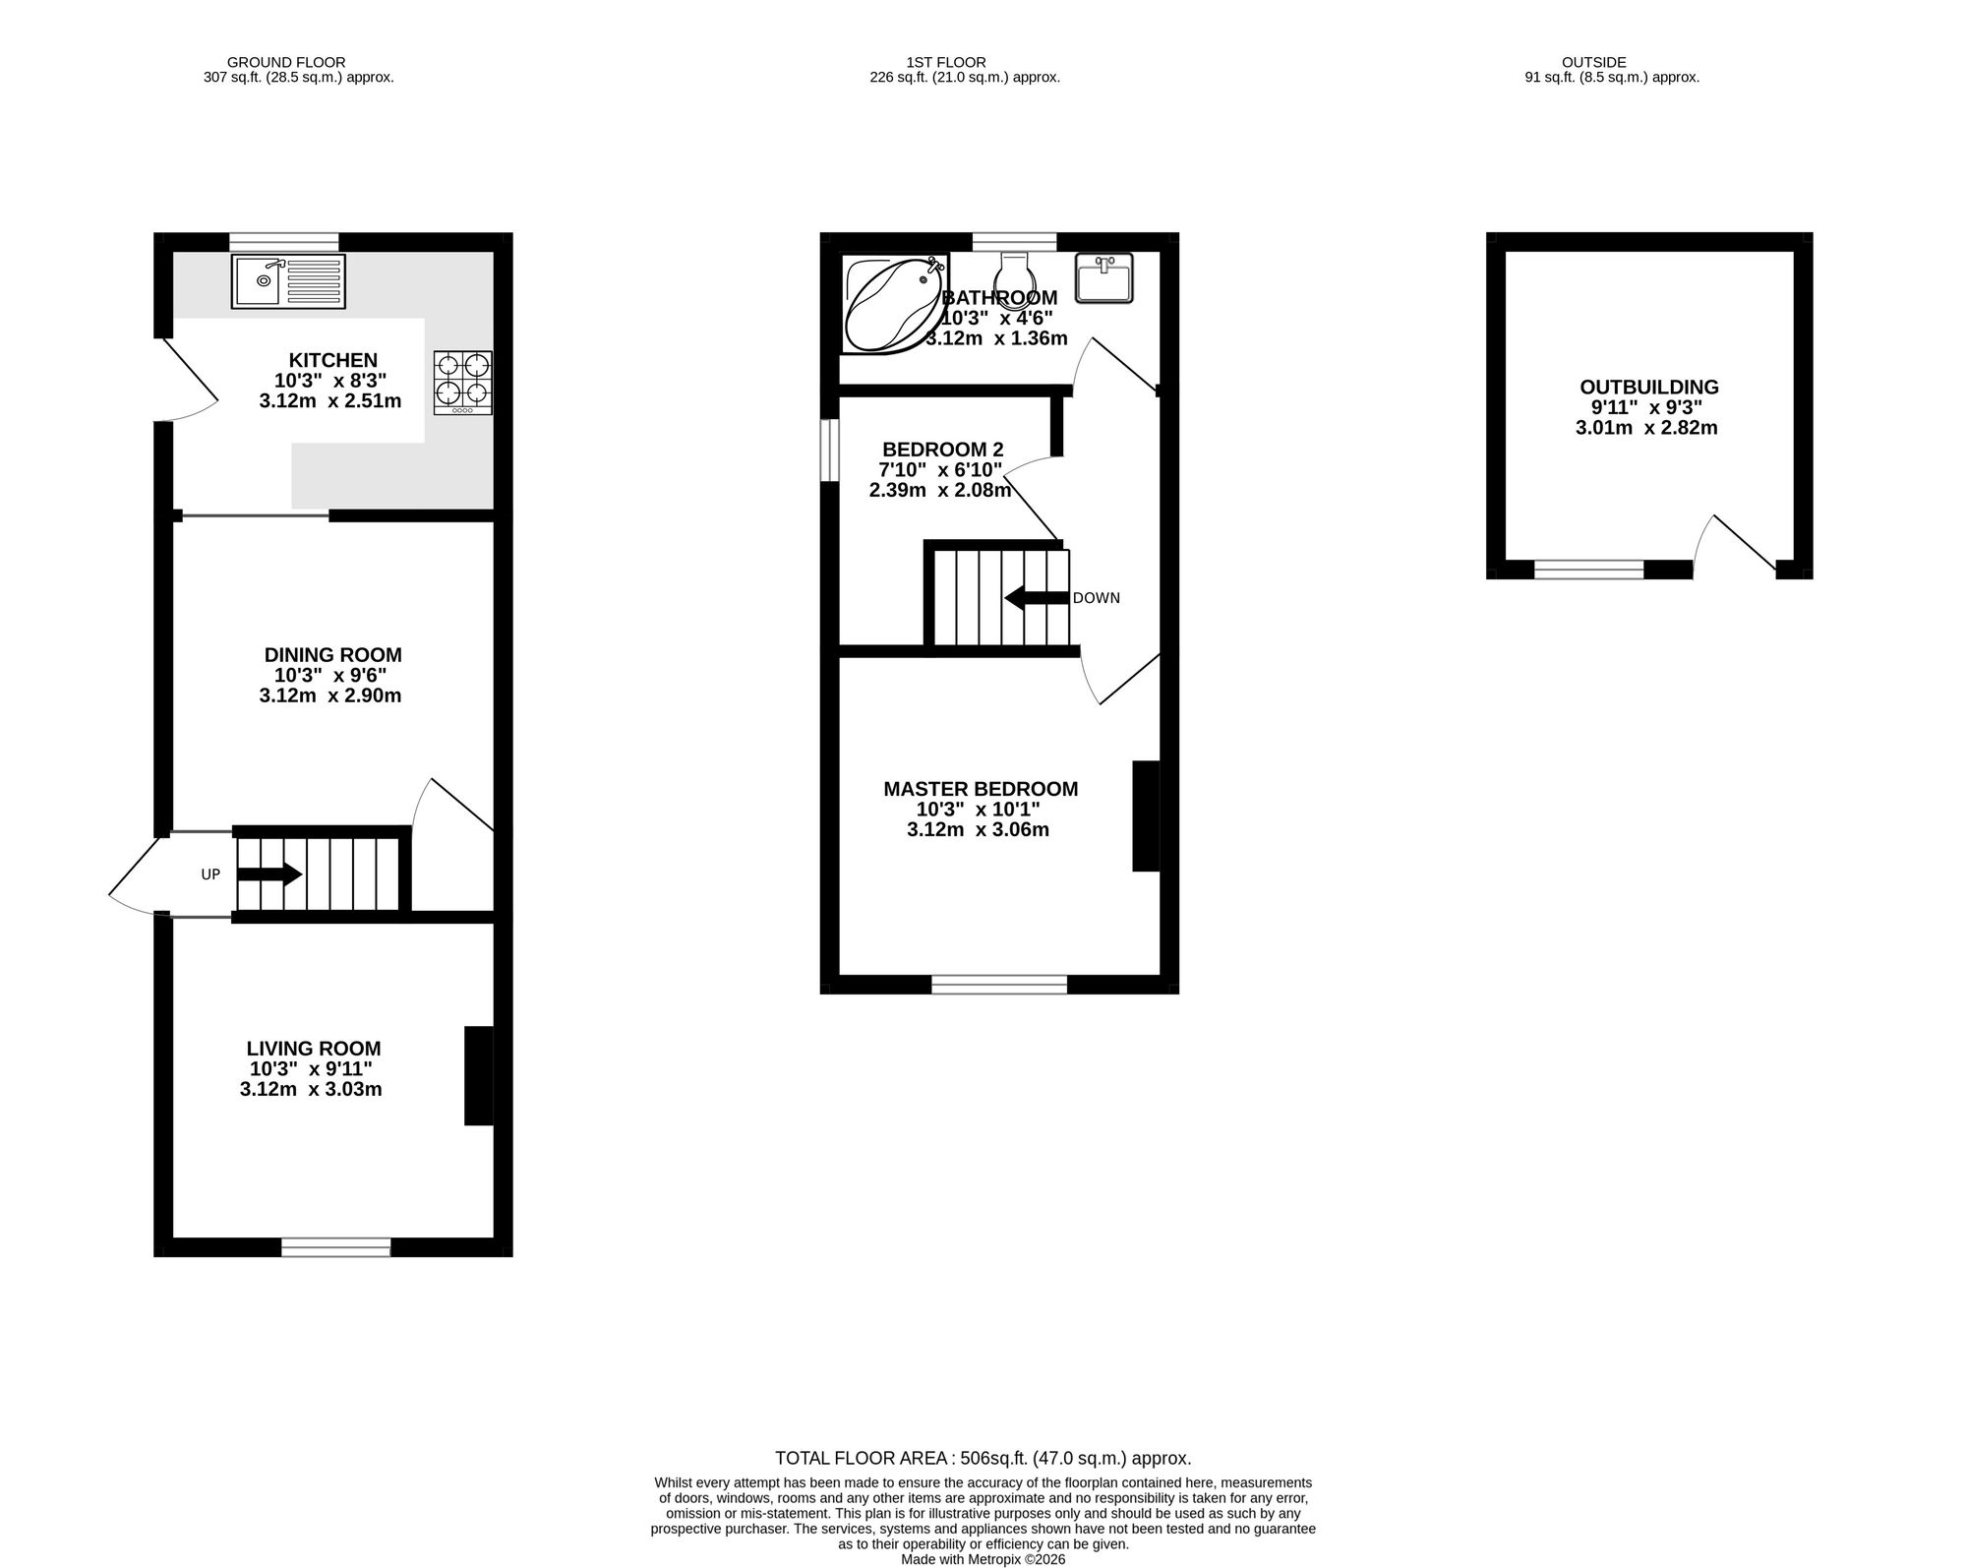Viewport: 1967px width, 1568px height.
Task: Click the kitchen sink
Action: point(289,281)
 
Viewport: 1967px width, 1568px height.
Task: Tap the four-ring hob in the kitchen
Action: point(463,383)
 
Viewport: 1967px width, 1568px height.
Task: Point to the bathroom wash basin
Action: point(1104,277)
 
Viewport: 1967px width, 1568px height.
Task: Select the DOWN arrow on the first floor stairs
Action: point(1037,597)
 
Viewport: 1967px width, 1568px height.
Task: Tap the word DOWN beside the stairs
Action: point(1097,598)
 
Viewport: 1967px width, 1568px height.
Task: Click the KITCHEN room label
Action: point(333,360)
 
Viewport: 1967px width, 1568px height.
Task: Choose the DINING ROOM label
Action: point(333,655)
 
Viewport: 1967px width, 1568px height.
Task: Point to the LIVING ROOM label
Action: point(314,1049)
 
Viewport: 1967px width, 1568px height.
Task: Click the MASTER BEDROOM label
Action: point(981,789)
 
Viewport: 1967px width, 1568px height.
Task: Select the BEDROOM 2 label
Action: point(943,450)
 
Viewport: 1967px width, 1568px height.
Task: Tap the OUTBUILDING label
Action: point(1649,387)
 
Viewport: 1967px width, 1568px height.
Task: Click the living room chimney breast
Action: point(479,1075)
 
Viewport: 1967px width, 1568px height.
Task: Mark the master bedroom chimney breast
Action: point(1147,815)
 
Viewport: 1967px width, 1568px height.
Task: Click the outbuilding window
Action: point(1589,569)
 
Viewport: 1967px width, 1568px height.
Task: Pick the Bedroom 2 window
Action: point(830,451)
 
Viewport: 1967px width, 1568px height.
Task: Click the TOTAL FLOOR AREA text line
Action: point(983,1458)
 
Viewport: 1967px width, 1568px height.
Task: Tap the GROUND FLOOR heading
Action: point(286,62)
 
